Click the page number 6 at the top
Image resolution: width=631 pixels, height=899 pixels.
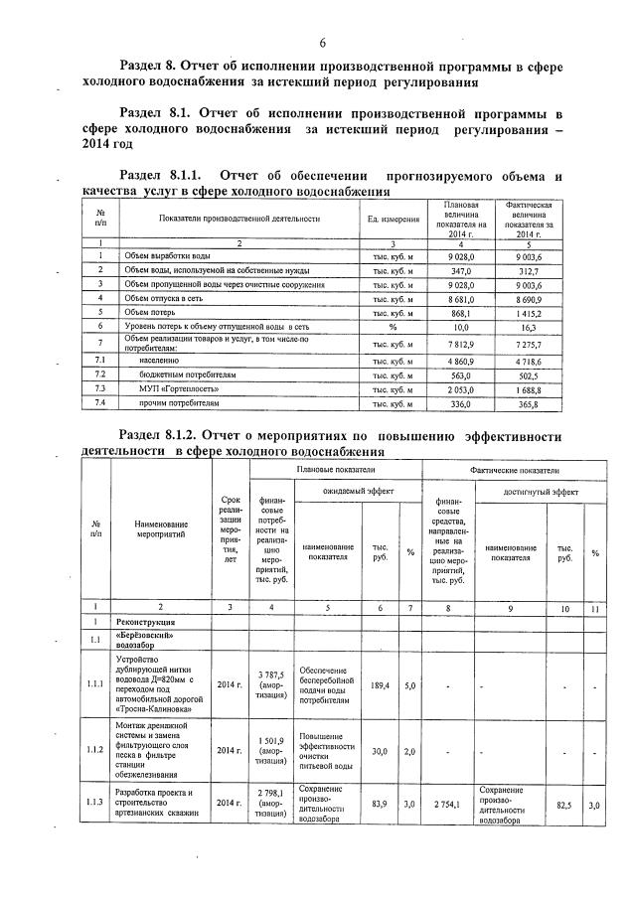[323, 42]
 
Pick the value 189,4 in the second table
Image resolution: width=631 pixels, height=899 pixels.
[379, 684]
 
